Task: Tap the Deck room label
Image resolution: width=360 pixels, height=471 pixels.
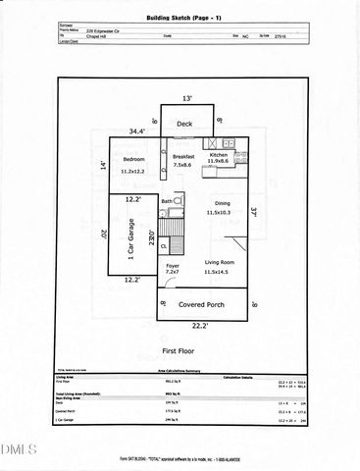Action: [x=184, y=124]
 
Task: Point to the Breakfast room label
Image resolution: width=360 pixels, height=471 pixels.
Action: [x=183, y=156]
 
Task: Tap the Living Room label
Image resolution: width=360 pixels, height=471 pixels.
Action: [x=224, y=262]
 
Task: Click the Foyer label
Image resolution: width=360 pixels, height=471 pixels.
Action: [x=171, y=263]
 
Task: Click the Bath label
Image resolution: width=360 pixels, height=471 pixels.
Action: [x=167, y=201]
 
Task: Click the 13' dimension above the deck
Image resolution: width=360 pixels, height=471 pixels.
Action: [x=186, y=98]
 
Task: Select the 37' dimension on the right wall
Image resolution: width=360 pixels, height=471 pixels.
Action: [x=253, y=209]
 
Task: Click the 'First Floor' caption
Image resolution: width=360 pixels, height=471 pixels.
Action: [x=180, y=349]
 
